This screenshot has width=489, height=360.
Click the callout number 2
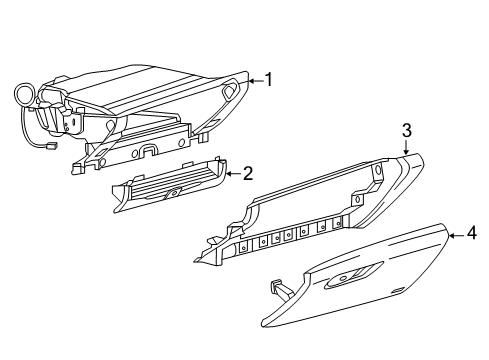coord(247,173)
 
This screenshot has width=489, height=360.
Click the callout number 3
coord(407,129)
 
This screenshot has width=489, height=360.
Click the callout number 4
coord(471,235)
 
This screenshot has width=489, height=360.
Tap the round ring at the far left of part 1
coord(23,96)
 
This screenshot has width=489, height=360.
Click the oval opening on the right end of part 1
coord(230,91)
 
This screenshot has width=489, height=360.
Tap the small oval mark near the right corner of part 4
coord(398,291)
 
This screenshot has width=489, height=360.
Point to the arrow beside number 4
coord(455,235)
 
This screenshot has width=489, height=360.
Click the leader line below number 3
coord(406,146)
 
